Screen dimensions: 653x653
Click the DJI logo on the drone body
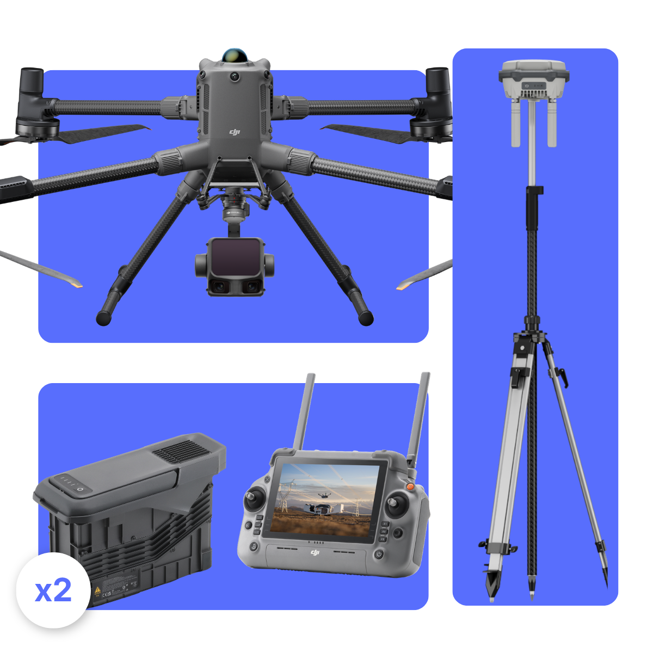coord(235,132)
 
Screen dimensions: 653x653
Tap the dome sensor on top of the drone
coord(235,56)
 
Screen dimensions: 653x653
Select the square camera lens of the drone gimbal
coord(235,257)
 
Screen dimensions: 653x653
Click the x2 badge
coord(53,590)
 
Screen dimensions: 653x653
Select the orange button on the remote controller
coord(410,485)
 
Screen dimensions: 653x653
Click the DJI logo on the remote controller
coord(315,553)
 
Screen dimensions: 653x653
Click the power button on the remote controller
coord(379,555)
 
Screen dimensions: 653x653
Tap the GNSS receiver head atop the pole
coord(534,79)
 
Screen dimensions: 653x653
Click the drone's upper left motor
coord(33,103)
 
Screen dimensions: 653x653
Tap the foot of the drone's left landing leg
coord(104,318)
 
